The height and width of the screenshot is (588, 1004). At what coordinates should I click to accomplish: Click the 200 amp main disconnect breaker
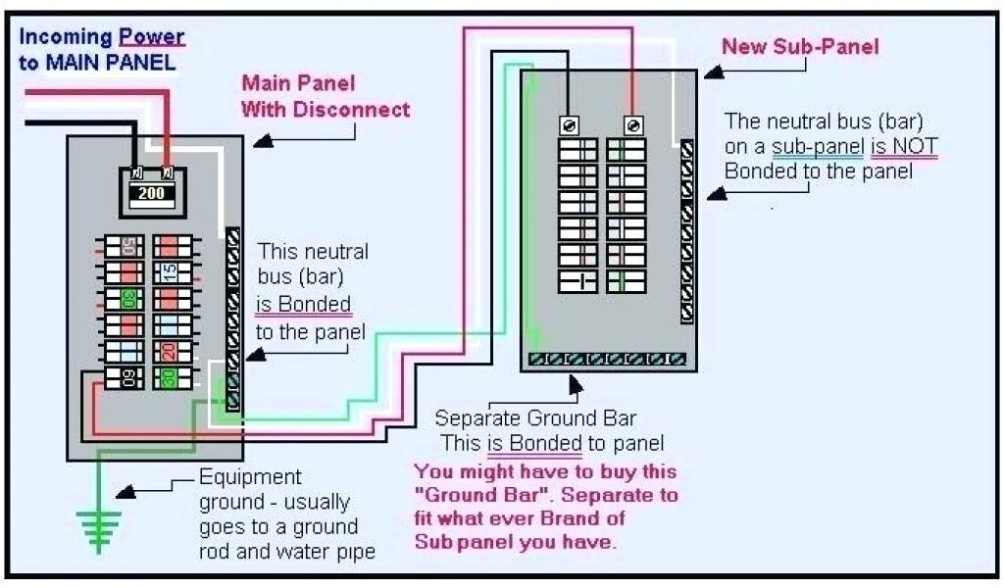(x=152, y=192)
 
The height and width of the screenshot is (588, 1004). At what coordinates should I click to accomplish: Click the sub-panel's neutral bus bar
(x=688, y=231)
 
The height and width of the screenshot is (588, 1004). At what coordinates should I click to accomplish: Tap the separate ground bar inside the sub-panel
(x=606, y=360)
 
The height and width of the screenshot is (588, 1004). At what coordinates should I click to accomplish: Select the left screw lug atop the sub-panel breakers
(x=571, y=124)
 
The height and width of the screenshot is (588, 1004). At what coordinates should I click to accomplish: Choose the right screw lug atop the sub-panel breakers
(x=632, y=124)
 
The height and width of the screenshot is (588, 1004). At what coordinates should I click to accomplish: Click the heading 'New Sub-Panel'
(x=800, y=46)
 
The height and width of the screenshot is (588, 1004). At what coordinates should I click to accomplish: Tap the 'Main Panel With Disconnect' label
(x=326, y=96)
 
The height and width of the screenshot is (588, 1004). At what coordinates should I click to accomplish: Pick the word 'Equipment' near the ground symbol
(x=250, y=477)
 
